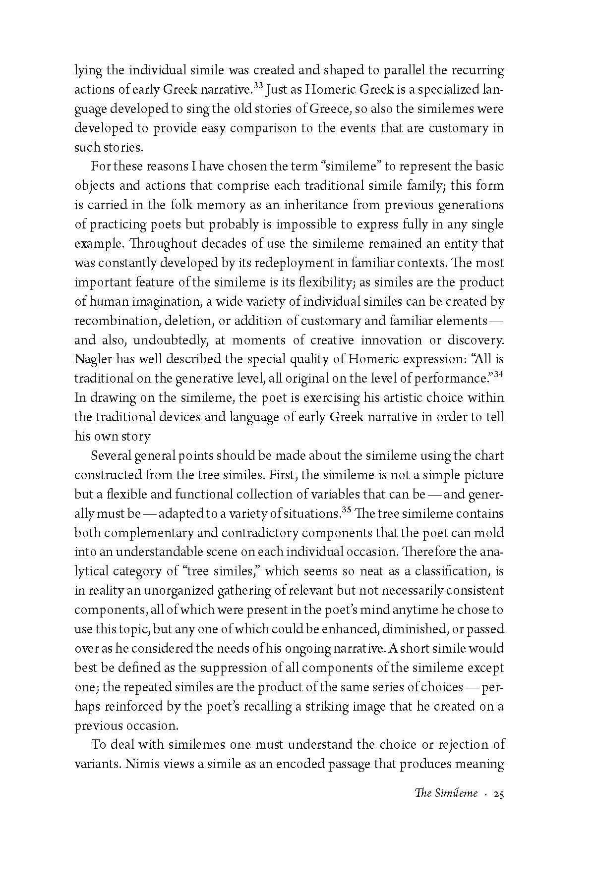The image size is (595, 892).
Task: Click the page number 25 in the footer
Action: [x=498, y=808]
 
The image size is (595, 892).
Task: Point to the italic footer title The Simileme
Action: [x=446, y=808]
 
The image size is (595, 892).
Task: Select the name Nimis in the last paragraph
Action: [x=143, y=764]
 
